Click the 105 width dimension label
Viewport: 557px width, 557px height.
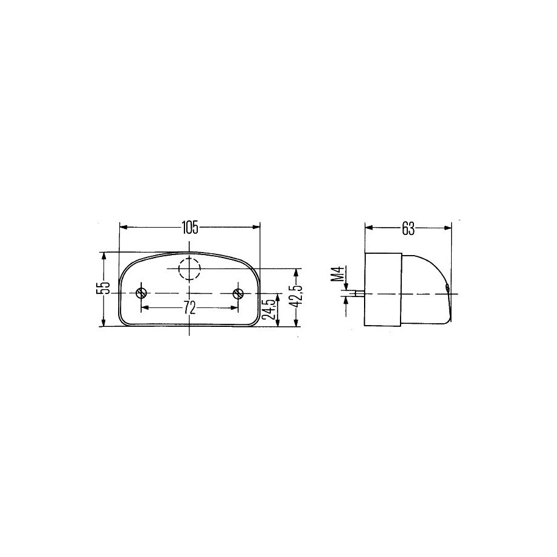click(x=190, y=228)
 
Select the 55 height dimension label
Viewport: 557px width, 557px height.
click(x=103, y=289)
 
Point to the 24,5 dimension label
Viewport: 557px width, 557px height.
click(x=271, y=309)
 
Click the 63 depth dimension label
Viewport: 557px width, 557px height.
click(x=408, y=229)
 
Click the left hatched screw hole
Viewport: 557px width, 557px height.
click(x=141, y=293)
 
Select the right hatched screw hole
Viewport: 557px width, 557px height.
click(x=237, y=293)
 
